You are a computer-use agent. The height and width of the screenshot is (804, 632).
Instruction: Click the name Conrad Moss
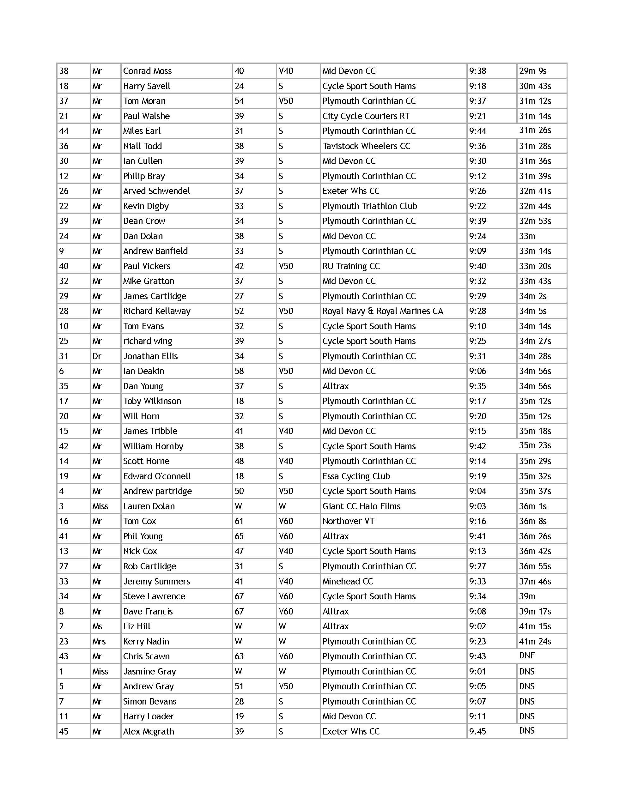147,71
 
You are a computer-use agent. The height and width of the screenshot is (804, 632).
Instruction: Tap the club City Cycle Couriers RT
366,116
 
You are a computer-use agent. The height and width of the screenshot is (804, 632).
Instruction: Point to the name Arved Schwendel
156,191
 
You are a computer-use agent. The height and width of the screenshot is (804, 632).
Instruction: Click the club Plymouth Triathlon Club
370,206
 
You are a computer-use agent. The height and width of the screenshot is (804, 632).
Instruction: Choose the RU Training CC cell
351,266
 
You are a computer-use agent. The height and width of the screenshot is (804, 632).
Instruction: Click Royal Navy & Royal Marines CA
383,311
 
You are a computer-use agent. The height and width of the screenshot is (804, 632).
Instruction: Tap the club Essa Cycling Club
356,476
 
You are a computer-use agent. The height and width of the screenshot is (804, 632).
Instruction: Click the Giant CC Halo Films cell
361,506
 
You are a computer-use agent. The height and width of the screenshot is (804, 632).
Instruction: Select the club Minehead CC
348,581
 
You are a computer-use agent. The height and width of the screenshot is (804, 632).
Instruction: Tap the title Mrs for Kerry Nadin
99,642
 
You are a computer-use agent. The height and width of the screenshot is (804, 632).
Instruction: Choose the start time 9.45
477,732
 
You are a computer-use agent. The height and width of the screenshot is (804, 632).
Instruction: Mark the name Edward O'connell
157,476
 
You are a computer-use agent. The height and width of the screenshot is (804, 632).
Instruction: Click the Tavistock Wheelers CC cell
366,146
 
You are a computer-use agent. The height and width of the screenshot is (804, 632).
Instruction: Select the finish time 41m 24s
535,642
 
